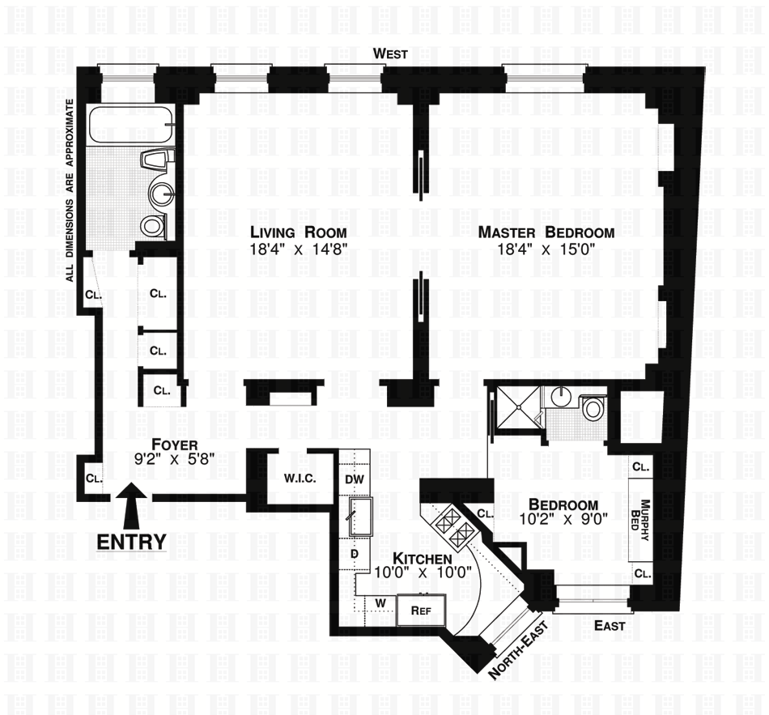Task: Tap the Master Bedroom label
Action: click(546, 232)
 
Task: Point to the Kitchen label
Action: click(422, 560)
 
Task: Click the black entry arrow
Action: click(130, 505)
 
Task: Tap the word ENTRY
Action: click(131, 541)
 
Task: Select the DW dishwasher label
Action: click(355, 479)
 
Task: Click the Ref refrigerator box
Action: click(421, 610)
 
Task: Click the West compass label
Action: click(390, 54)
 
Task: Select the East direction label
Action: click(609, 625)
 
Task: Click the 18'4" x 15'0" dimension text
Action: click(546, 249)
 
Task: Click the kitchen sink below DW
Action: click(358, 517)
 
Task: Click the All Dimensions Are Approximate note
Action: click(71, 189)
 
